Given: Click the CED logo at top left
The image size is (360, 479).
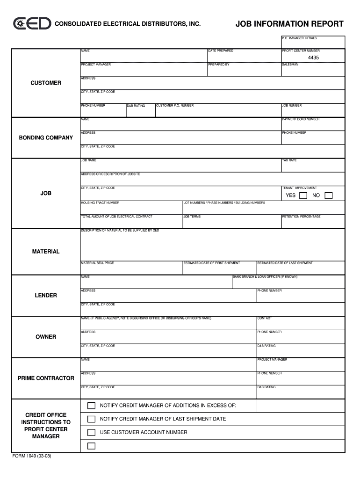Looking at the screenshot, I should pos(32,24).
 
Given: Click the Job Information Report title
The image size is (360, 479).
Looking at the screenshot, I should pos(289,24).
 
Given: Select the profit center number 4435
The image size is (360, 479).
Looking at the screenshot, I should pos(313,58).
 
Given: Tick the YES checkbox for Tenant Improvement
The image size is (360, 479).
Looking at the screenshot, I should pos(303,196).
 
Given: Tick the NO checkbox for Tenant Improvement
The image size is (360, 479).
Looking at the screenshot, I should pos(328,196).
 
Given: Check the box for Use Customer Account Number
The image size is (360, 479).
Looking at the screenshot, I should pos(91,433).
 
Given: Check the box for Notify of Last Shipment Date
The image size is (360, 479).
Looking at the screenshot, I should pos(91,419).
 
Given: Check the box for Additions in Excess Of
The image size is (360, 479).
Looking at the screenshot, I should pos(91,405).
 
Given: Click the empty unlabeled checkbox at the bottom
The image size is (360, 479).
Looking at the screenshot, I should pos(91,446).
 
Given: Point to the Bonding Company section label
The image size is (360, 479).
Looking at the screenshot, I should pos(46,138).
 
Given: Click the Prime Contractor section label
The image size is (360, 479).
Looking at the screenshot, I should pos(46,378).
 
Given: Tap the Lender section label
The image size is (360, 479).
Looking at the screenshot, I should pos(46,296).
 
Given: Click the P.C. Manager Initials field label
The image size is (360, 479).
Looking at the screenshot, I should pos(299,37).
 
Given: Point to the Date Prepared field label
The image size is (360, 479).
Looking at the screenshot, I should pos(221,51).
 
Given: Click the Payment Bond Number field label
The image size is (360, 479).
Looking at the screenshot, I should pos(301,119).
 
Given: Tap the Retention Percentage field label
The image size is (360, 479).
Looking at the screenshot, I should pos(301,217).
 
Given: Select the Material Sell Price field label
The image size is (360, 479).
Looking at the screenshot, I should pos(97,263).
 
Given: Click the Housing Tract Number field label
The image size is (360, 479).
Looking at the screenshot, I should pos(100,203).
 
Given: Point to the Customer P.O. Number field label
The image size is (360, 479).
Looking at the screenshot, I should pos(175,105).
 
